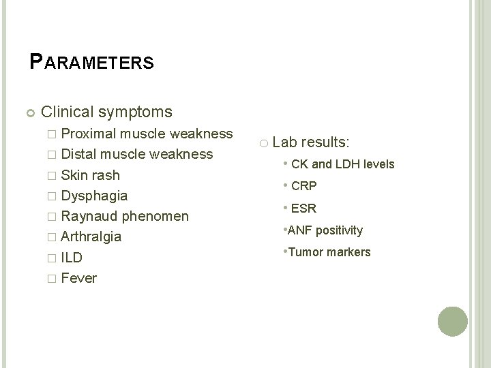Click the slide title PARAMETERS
[92, 63]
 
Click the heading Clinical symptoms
[106, 110]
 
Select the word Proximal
[89, 133]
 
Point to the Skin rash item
[90, 175]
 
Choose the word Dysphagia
[94, 196]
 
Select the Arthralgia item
[91, 237]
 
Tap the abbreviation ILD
[72, 258]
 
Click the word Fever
[79, 278]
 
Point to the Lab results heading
[311, 142]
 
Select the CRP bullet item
[304, 186]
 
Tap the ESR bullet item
[304, 209]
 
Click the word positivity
[340, 230]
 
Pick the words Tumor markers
[330, 252]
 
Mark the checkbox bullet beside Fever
[53, 279]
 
